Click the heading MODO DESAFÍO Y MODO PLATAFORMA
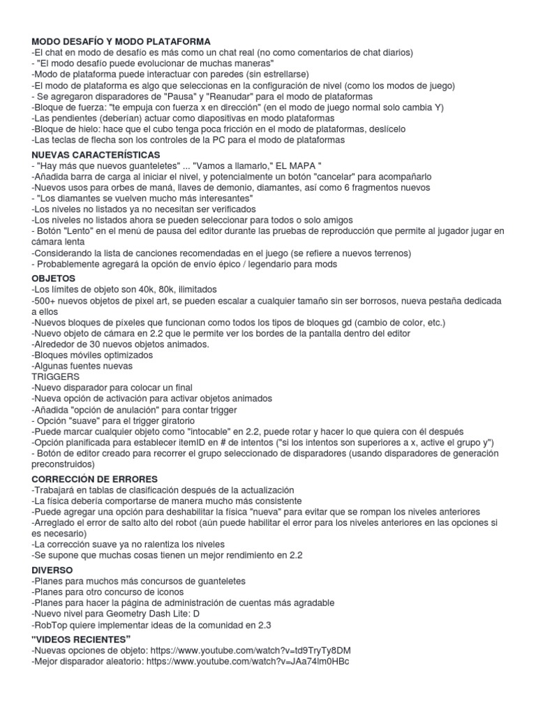[x=121, y=42]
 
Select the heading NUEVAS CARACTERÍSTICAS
[x=96, y=154]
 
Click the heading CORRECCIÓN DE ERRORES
[x=95, y=479]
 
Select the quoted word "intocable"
[x=222, y=432]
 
